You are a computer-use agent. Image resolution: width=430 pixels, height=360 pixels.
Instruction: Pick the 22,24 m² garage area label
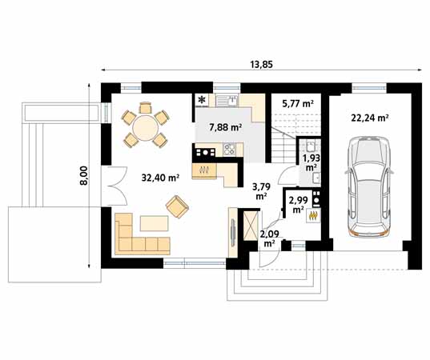369,117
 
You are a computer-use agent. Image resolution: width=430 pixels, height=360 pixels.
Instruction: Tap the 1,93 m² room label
309,162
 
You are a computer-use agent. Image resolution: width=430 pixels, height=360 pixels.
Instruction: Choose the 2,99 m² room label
299,204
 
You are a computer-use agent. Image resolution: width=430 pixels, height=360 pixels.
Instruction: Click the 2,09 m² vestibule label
268,238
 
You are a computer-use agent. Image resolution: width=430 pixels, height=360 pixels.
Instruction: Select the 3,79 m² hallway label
262,191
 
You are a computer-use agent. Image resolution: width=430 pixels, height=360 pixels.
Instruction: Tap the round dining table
144,127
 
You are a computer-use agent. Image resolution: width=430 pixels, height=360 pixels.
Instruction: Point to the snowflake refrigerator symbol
201,100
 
